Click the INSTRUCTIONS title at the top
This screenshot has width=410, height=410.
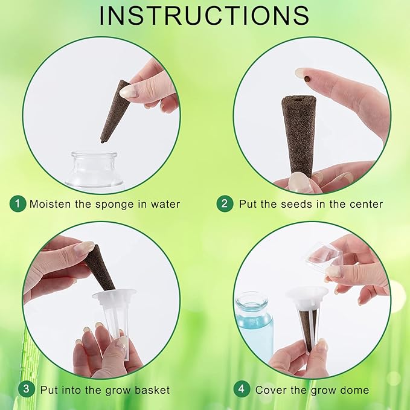coord(204,16)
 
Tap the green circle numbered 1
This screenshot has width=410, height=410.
coord(18,203)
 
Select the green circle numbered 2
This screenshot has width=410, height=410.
coord(225,203)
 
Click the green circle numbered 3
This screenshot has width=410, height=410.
coord(26,389)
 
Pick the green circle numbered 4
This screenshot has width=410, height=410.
coord(242,389)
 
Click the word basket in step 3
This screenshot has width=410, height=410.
coord(152,390)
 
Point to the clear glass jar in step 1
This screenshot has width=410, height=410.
coord(94,170)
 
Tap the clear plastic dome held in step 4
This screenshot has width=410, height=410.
coord(322,258)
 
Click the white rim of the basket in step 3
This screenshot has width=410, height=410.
coord(114,294)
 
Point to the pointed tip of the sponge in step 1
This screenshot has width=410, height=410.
coord(101,141)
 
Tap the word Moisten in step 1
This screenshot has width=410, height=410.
coord(51,204)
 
